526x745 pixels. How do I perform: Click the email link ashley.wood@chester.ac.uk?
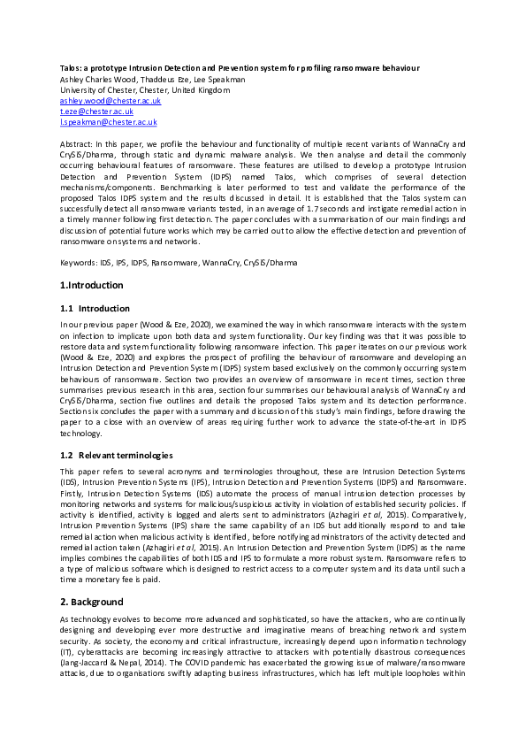click(95, 102)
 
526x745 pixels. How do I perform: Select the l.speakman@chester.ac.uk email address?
click(94, 123)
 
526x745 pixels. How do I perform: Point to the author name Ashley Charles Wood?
click(94, 79)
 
